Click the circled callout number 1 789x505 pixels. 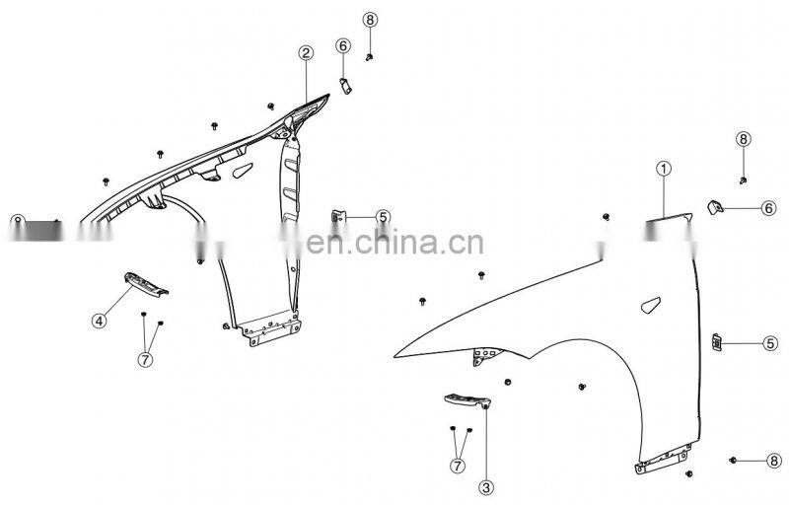coord(664,169)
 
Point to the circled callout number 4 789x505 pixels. coord(100,320)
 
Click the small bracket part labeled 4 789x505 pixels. coord(145,284)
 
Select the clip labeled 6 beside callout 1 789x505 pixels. coord(717,206)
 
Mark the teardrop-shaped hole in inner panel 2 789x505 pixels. coord(241,172)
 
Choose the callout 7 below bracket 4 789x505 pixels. coord(145,359)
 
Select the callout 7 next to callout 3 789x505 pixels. coord(459,466)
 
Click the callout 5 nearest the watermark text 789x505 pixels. coord(383,217)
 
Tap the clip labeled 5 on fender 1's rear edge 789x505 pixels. coord(718,342)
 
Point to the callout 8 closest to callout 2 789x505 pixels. coord(370,20)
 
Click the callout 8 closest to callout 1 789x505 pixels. coord(744,139)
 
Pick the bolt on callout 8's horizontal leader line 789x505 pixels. coord(736,461)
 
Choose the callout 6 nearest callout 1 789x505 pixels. coord(767,207)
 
